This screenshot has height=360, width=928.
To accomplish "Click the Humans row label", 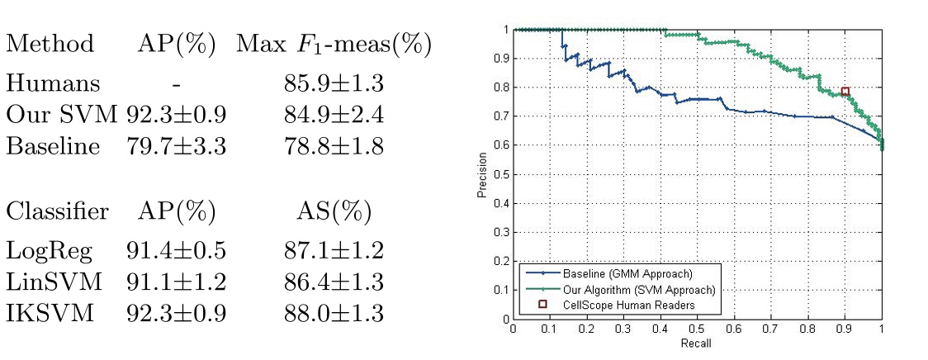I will click(53, 83).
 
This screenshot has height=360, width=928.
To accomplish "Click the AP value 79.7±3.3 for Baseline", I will click(176, 147).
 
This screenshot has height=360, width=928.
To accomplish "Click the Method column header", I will click(50, 45).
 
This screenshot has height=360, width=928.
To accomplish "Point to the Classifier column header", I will click(57, 211).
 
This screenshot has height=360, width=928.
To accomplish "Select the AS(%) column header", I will click(333, 211).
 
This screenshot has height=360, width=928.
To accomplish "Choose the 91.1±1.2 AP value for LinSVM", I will click(176, 282).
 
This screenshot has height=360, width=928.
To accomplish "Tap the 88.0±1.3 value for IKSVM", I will click(333, 315).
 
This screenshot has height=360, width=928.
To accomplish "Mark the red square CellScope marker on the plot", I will click(845, 92).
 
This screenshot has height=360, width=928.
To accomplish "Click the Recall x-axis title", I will click(698, 343).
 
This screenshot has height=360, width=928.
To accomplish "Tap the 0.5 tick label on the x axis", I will click(698, 329).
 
